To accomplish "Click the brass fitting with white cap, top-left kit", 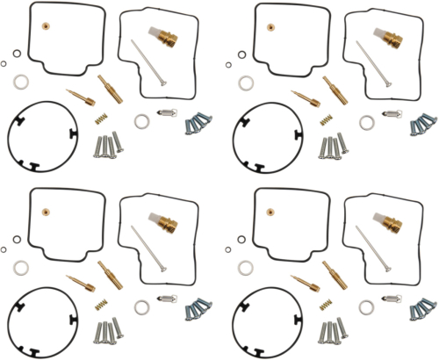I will pyautogui.click(x=166, y=38).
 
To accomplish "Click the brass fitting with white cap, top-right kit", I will pyautogui.click(x=392, y=38).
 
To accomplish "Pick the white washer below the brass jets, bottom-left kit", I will pyautogui.click(x=141, y=306).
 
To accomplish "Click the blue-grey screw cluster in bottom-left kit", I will pyautogui.click(x=198, y=309).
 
